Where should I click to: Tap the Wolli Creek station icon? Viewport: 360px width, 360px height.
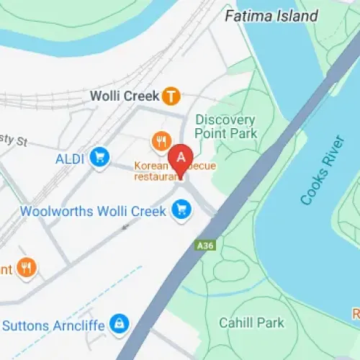point(171,95)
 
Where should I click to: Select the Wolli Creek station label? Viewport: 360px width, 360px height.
point(123,95)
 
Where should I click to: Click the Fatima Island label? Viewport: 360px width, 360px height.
point(271,16)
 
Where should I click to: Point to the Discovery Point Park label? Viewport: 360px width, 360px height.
point(225,125)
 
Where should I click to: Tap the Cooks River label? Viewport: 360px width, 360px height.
point(322,170)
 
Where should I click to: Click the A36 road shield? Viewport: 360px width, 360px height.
point(205,246)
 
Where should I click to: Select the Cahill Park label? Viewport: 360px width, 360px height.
point(251,323)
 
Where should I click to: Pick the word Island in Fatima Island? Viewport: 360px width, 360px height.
point(292,16)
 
